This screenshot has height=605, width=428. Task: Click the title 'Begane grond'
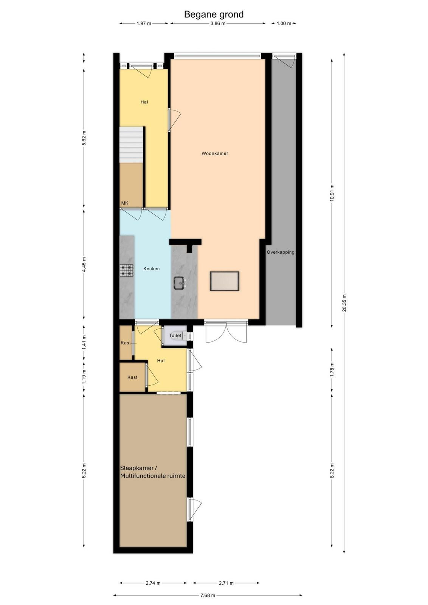(x=214, y=14)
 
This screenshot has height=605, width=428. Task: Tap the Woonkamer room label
(x=215, y=154)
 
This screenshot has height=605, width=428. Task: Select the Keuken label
(x=151, y=268)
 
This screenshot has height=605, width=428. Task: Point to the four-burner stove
(x=127, y=270)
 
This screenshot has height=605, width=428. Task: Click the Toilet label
(x=175, y=335)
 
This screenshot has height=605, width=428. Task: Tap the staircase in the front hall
(x=131, y=145)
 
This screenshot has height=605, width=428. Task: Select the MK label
(x=125, y=203)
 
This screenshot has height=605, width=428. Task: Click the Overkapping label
(x=281, y=252)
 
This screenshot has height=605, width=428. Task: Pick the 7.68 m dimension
(x=208, y=595)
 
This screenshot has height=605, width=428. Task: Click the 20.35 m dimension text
(x=344, y=302)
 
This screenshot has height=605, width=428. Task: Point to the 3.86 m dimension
(x=218, y=23)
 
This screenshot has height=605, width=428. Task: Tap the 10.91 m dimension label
(x=332, y=192)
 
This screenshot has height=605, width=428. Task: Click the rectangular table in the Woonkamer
(x=224, y=281)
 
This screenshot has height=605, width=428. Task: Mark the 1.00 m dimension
(x=284, y=23)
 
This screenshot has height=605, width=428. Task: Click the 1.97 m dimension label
(x=144, y=23)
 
